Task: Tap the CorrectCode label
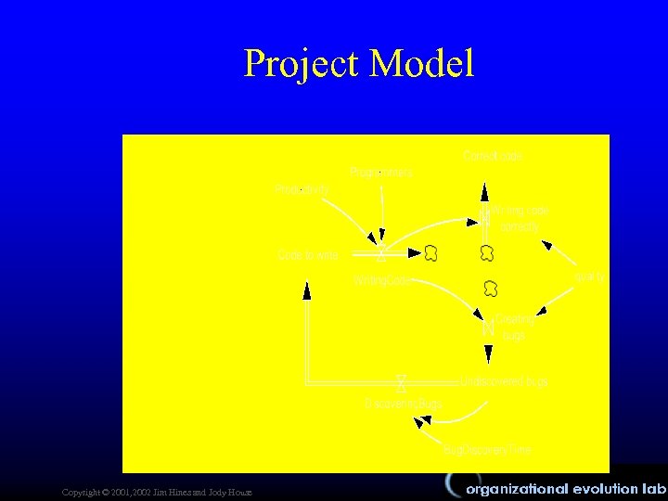[x=493, y=156]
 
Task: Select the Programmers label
[x=381, y=173]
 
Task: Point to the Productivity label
[x=302, y=189]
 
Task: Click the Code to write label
[x=308, y=254]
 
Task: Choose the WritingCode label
[x=382, y=279]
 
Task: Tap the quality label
[x=589, y=276]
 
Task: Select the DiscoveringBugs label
[x=403, y=404]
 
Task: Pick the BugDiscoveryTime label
[x=487, y=450]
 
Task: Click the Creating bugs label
[x=514, y=327]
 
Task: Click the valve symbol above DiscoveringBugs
[x=401, y=381]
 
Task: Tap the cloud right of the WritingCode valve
[x=430, y=252]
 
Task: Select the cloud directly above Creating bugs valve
[x=491, y=289]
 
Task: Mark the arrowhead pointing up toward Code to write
[x=307, y=290]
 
